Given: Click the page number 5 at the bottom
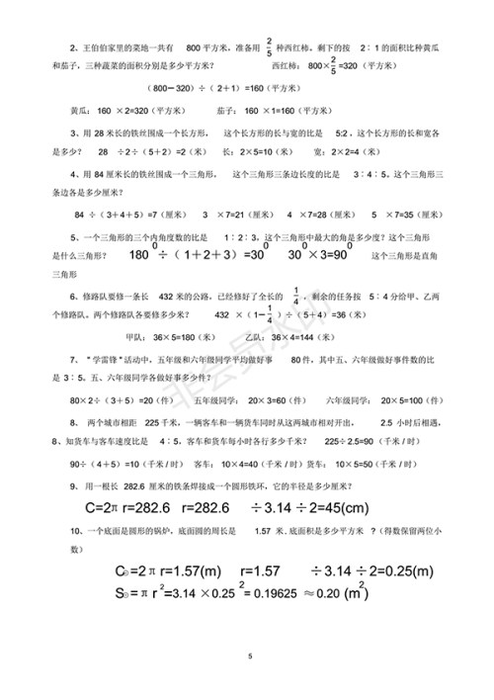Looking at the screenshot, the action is (x=251, y=656).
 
